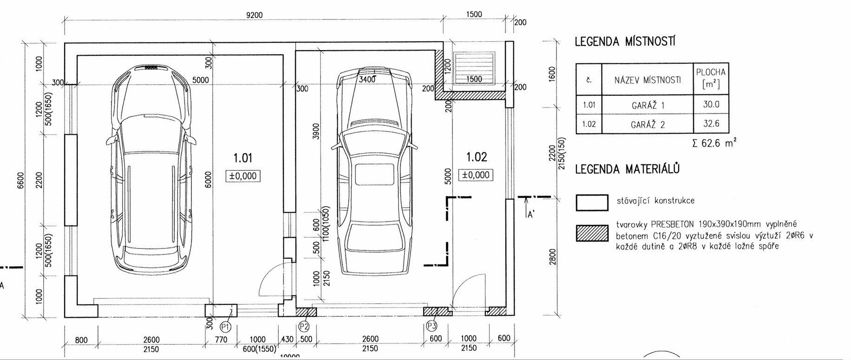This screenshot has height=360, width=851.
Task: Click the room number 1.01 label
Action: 242,158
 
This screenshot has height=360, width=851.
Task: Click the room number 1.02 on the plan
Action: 477,157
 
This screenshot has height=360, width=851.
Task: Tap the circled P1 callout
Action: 226,327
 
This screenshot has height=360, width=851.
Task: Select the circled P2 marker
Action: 304,327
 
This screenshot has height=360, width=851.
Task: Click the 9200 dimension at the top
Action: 254,15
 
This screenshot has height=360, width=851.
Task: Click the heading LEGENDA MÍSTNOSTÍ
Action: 625,42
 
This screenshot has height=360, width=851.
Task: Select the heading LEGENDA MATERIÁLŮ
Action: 628,169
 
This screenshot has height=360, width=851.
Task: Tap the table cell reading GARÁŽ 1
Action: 648,105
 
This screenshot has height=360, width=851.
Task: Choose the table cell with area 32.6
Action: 711,124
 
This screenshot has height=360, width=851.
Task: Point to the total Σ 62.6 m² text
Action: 714,143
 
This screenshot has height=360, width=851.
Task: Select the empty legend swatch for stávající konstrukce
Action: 592,203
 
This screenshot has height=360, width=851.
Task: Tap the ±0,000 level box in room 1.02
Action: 476,175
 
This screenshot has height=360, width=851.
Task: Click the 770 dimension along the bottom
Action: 221,340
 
